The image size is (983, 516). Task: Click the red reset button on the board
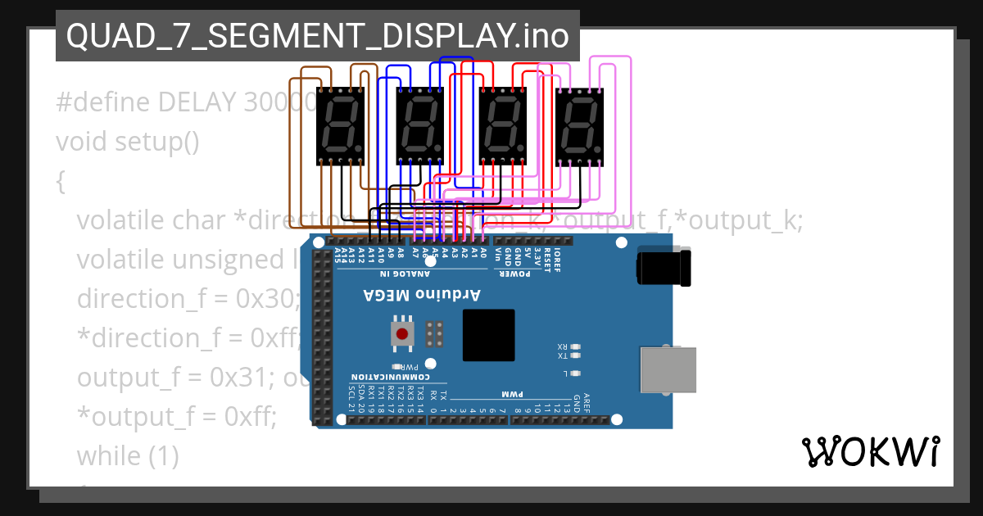click(x=401, y=333)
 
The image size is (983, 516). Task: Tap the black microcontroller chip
click(x=488, y=335)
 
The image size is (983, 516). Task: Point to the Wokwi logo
click(x=870, y=451)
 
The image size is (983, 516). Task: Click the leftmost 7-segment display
click(x=340, y=124)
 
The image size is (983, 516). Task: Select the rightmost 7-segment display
click(x=580, y=124)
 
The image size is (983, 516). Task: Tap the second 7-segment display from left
click(x=420, y=124)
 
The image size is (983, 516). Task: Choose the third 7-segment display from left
click(x=501, y=124)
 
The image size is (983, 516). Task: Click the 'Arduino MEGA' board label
click(x=422, y=294)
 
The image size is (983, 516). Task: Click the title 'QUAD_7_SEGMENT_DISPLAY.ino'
click(x=318, y=35)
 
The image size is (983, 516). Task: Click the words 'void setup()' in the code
click(x=128, y=142)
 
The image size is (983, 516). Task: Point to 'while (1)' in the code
click(x=128, y=455)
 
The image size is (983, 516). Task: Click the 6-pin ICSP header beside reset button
click(x=435, y=333)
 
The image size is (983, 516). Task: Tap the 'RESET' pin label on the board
click(x=547, y=255)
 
